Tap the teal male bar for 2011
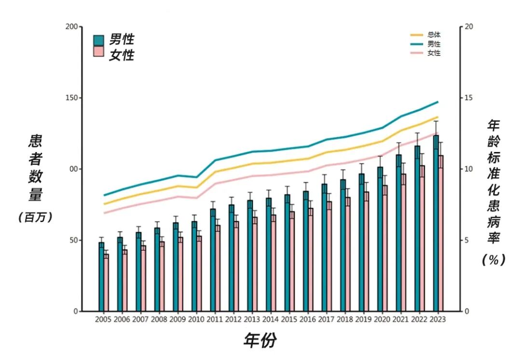tap(213, 261)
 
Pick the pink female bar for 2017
tap(329, 256)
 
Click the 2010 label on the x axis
tap(196, 319)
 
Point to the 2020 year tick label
tap(382, 319)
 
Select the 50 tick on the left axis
tap(73, 240)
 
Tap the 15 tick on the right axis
tap(466, 98)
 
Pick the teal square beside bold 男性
tap(98, 40)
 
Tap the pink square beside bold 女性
tap(98, 52)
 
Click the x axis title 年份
tap(260, 341)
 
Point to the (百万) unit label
tap(35, 217)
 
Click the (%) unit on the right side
tap(494, 260)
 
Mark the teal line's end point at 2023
tap(438, 102)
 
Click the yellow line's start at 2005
tap(104, 204)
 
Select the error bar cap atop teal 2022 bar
tap(417, 133)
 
